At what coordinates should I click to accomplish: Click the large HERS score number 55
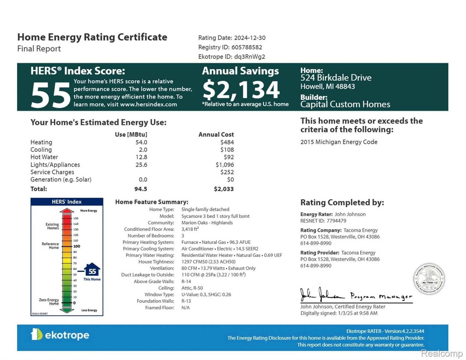[50, 95]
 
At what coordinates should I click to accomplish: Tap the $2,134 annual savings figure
[241, 90]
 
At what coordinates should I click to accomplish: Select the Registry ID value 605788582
[247, 47]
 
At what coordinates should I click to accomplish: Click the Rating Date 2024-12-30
[250, 38]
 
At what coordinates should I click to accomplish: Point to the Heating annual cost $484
[227, 142]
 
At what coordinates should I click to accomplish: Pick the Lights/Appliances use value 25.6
[141, 165]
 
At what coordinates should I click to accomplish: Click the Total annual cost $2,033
[224, 189]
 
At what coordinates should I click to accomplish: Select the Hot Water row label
[44, 157]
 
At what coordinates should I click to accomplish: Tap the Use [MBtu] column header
[131, 134]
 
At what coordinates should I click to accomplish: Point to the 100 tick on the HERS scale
[77, 246]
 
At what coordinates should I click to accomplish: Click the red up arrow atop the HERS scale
[67, 211]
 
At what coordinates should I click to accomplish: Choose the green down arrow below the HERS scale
[67, 310]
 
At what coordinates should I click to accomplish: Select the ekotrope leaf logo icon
[36, 334]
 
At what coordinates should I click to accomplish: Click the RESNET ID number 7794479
[336, 221]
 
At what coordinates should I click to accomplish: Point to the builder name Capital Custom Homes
[345, 104]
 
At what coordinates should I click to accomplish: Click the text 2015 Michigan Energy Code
[339, 142]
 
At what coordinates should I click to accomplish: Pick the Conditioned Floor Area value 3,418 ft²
[190, 229]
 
